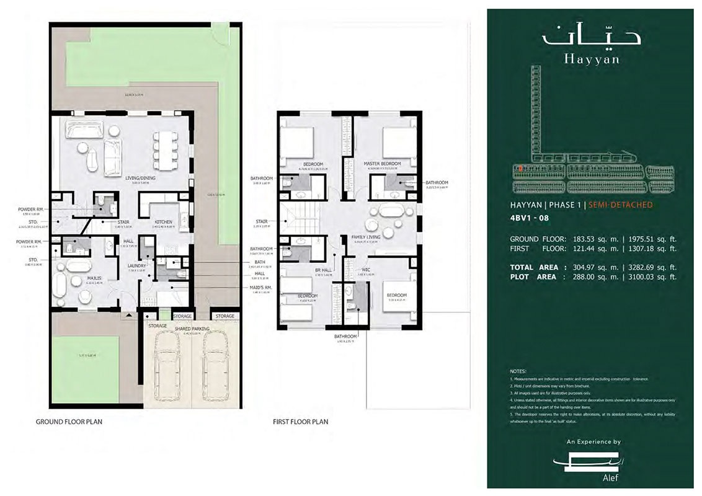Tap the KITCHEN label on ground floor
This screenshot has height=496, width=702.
pyautogui.click(x=164, y=221)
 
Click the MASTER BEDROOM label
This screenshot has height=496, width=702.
pyautogui.click(x=382, y=164)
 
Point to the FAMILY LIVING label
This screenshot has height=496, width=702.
pyautogui.click(x=367, y=237)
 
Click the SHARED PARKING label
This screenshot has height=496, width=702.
pyautogui.click(x=192, y=329)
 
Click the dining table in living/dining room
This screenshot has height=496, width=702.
pyautogui.click(x=165, y=150)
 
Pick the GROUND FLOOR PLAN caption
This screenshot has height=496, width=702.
pyautogui.click(x=69, y=422)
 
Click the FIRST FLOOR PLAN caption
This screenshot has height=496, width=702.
pyautogui.click(x=301, y=422)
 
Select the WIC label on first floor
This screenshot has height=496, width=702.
pyautogui.click(x=366, y=270)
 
